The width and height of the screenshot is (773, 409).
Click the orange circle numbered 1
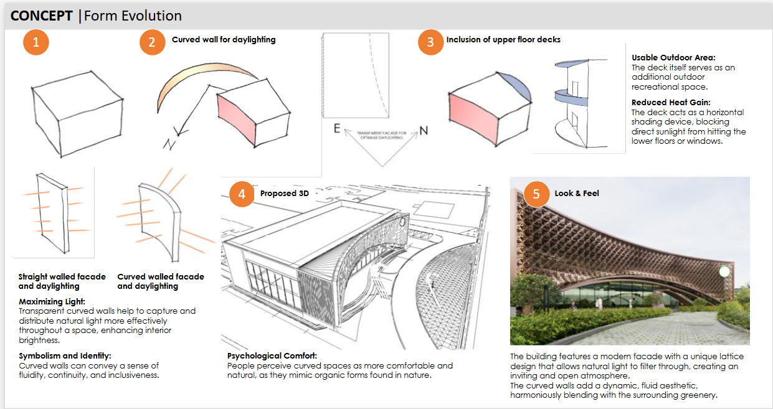(36, 42)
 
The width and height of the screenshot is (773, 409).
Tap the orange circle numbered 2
(152, 42)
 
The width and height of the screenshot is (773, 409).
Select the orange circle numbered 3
(430, 42)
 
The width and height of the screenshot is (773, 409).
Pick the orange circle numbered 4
(242, 194)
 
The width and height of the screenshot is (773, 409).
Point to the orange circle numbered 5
(536, 194)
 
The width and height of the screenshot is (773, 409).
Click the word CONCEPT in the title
(42, 16)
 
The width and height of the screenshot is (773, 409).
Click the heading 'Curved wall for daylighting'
(224, 40)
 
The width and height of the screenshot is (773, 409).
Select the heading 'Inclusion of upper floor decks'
(503, 40)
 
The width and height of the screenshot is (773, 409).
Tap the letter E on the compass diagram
(337, 129)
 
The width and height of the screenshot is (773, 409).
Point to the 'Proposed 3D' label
(284, 194)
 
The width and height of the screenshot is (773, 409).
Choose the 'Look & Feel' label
(577, 194)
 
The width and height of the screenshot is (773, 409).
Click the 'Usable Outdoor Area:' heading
(673, 58)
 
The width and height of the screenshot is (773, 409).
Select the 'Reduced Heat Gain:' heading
(671, 103)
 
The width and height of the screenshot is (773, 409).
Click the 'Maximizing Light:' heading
(52, 302)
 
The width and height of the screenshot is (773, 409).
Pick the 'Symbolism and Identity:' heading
(65, 356)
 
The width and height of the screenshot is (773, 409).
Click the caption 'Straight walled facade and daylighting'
(62, 281)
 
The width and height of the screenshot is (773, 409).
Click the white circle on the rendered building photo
(724, 271)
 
